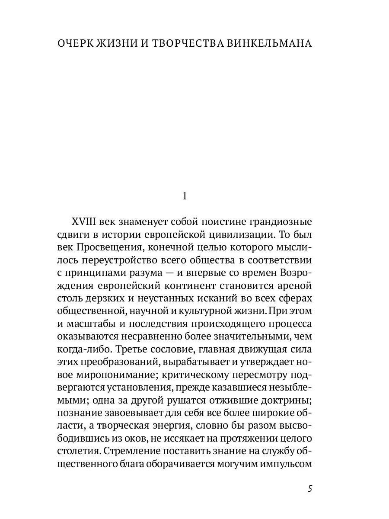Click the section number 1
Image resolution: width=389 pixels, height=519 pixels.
185,196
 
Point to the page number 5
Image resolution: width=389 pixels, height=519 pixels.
309,489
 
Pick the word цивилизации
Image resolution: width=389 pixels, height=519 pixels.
241,235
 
